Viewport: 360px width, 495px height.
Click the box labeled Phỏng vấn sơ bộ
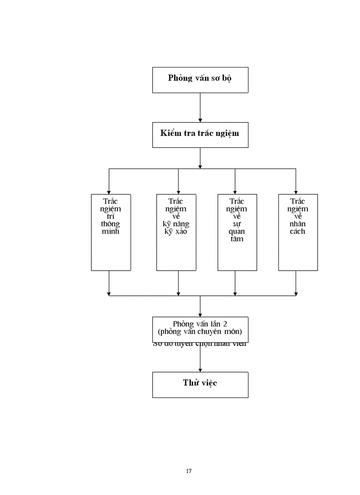click(200, 80)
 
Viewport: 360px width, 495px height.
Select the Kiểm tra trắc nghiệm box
click(200, 134)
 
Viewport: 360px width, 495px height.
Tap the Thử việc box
click(200, 385)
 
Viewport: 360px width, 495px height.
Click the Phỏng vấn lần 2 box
click(200, 329)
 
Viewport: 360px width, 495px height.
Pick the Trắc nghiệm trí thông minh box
click(111, 232)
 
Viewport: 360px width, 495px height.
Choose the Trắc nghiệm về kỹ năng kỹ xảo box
click(176, 232)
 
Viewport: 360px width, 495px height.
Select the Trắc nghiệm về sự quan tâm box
click(237, 232)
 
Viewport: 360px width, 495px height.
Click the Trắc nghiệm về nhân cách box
click(298, 232)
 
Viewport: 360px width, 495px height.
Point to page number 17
click(189, 471)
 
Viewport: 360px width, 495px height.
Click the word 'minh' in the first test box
click(110, 231)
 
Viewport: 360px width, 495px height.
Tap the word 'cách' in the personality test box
click(298, 231)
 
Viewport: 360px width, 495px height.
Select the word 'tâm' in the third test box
click(237, 239)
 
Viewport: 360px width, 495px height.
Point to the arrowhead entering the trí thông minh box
click(109, 191)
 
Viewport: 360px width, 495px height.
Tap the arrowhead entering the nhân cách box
click(296, 191)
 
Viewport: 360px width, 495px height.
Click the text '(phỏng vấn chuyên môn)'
click(200, 332)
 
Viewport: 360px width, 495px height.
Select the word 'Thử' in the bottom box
click(190, 383)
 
